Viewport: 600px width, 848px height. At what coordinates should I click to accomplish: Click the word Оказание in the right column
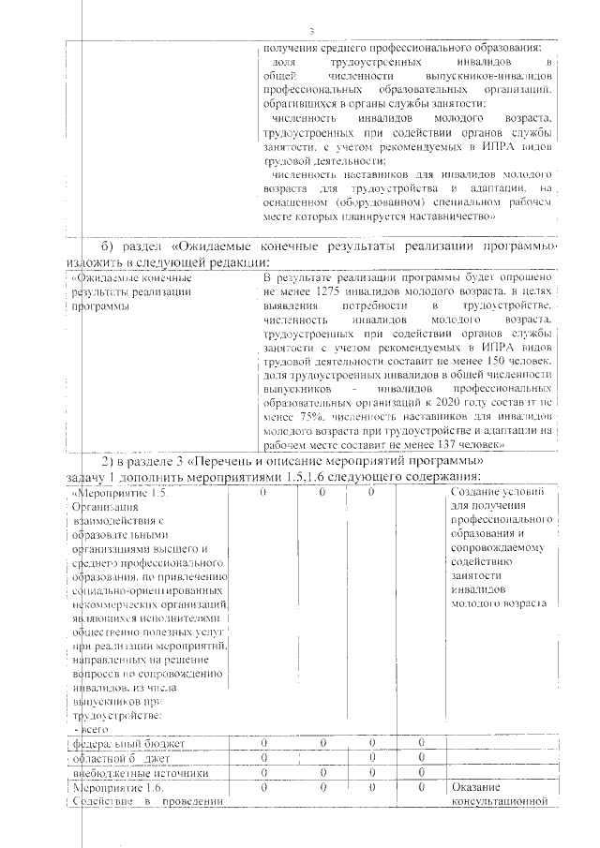pyautogui.click(x=476, y=788)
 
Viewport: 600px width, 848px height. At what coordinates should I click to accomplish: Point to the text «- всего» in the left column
pyautogui.click(x=87, y=727)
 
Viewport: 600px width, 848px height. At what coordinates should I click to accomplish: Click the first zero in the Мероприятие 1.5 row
pyautogui.click(x=263, y=493)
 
